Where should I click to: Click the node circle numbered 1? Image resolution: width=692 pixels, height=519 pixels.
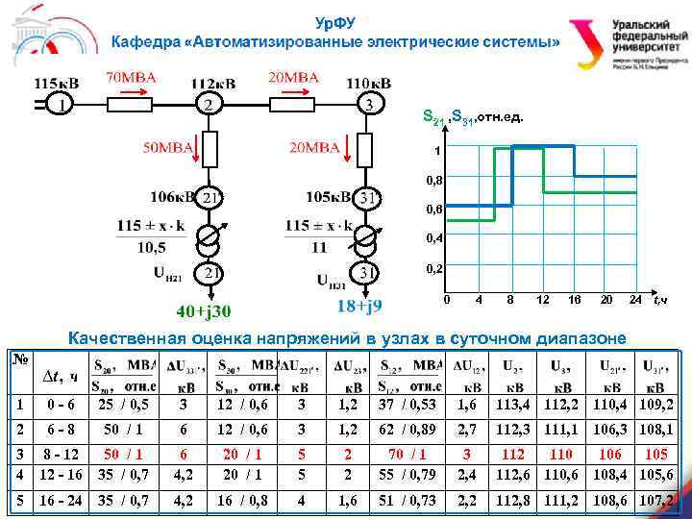point(61,105)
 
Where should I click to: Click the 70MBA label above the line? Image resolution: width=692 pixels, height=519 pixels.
point(132,76)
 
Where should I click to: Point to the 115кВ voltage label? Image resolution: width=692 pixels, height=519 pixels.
point(56,83)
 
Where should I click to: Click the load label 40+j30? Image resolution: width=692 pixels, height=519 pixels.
point(204,311)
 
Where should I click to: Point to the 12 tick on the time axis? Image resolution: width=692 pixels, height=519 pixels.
point(543,301)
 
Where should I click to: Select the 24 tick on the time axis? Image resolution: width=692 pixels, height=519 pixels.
point(634,301)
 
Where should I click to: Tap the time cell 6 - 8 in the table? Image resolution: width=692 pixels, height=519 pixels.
point(60,432)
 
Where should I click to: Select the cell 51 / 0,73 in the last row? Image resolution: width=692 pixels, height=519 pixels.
point(408,501)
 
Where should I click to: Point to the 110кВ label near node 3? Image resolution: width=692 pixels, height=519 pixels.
point(368,83)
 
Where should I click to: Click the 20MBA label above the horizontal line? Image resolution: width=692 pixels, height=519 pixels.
point(293,76)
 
